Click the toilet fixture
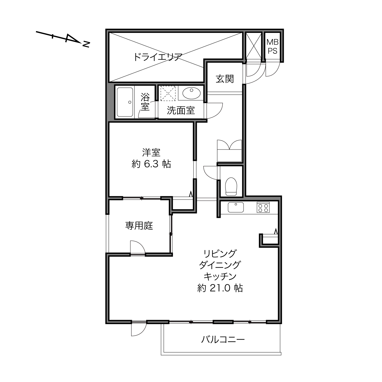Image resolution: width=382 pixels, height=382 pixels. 231,186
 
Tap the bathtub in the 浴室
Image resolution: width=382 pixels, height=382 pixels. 125,102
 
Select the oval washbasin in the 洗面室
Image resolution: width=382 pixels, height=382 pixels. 192,93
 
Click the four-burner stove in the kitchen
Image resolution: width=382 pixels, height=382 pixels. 263,207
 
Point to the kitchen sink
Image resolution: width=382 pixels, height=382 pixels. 236,207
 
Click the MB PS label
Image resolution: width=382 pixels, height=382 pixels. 272,46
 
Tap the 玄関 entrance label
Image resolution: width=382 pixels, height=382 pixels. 225,79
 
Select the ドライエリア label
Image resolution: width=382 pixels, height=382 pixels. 158,57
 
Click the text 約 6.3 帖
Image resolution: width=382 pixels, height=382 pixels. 151,164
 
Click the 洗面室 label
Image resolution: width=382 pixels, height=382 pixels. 181,110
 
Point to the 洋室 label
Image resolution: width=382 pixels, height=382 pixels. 151,152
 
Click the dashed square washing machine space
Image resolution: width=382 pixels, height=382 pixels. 168,93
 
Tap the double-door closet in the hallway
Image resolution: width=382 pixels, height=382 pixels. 229,151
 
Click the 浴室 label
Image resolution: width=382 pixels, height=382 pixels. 145,102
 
